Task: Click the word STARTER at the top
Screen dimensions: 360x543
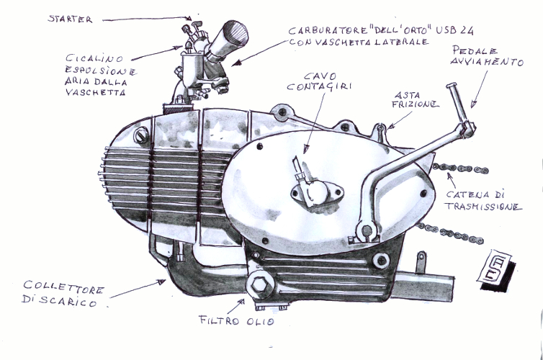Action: click(x=70, y=19)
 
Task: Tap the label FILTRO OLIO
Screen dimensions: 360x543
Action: click(x=236, y=321)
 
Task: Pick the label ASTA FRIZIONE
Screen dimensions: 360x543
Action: click(x=416, y=100)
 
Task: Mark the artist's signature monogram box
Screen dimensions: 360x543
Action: click(x=497, y=269)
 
